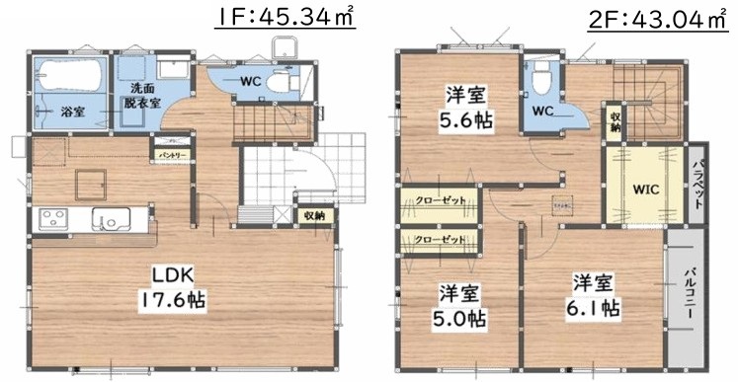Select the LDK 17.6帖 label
tap(178, 285)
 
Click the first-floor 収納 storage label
tap(314, 213)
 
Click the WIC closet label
tap(644, 188)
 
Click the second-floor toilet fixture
tap(540, 79)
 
